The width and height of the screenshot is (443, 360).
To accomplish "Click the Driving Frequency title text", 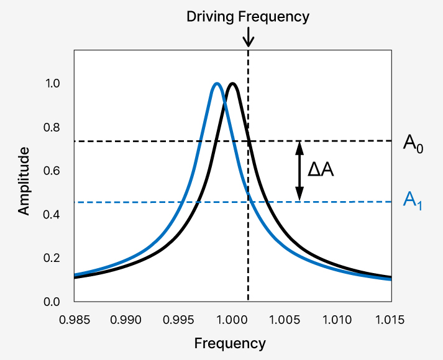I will coord(248,17).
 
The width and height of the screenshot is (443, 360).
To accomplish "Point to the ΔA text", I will coord(321,169).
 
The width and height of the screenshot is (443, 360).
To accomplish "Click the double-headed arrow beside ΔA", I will coord(299,171).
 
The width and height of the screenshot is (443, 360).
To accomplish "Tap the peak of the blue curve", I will coord(216,84).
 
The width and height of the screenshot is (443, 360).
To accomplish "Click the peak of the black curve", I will coord(232,84).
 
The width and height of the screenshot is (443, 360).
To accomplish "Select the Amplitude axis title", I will coord(24,181).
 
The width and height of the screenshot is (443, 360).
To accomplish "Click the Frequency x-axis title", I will coord(230,343).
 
